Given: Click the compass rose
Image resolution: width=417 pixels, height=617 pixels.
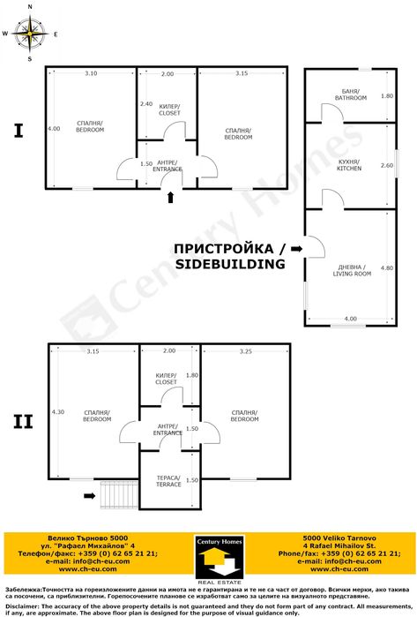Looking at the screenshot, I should (30, 34).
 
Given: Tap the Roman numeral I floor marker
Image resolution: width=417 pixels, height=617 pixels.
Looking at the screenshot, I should (18, 132).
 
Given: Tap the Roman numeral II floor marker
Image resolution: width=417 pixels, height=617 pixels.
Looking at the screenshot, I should (23, 422).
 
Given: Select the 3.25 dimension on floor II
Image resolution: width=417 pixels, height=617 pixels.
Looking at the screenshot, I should (246, 351).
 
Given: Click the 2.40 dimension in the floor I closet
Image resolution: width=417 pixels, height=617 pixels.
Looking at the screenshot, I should (146, 104).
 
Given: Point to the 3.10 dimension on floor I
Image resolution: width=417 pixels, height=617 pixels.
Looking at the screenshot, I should (91, 73).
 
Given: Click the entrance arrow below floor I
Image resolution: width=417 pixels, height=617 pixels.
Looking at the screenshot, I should (170, 198).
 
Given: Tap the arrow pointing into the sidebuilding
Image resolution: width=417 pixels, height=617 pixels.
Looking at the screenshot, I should (296, 250).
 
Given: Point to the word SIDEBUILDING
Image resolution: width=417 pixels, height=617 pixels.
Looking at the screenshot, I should (229, 264).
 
